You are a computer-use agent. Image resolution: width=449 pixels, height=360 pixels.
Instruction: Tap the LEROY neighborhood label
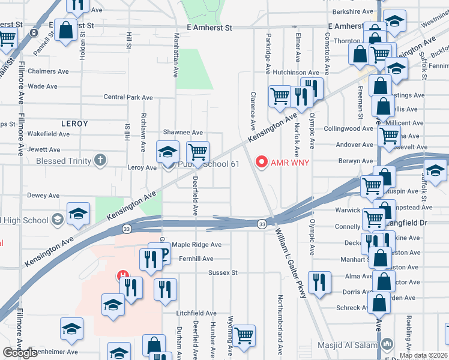[74, 124]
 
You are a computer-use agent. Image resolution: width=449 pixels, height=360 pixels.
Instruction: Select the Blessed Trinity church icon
[100, 160]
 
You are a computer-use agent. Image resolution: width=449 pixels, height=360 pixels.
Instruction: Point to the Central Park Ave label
[128, 97]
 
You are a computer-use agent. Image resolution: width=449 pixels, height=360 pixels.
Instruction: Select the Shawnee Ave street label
[183, 133]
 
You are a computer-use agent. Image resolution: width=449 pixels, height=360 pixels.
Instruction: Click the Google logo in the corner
[20, 353]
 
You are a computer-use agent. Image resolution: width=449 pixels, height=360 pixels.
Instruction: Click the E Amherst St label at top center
[209, 28]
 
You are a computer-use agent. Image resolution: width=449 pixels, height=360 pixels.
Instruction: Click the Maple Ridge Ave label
[197, 245]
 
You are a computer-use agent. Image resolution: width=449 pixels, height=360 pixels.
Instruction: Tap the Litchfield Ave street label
[196, 313]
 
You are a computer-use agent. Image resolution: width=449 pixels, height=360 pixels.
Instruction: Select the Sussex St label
[223, 272]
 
